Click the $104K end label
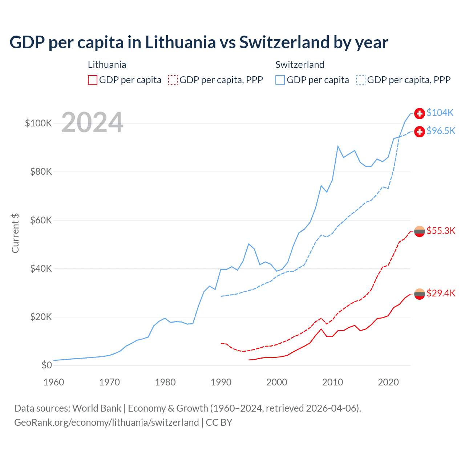[440, 113]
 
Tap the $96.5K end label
[441, 131]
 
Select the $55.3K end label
[441, 231]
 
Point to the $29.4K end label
[441, 294]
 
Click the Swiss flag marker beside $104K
[420, 113]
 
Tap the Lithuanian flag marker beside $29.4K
[420, 294]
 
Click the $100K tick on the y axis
[39, 124]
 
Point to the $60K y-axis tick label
[41, 221]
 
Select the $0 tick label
[46, 365]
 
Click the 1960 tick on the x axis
[54, 383]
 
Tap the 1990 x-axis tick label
[221, 383]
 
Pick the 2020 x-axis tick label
[388, 383]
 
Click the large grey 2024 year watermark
[92, 123]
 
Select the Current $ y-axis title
[15, 233]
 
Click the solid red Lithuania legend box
[93, 80]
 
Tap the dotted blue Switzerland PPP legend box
[361, 80]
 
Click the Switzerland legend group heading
[300, 65]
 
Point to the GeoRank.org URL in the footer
[106, 422]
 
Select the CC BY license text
[219, 422]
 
